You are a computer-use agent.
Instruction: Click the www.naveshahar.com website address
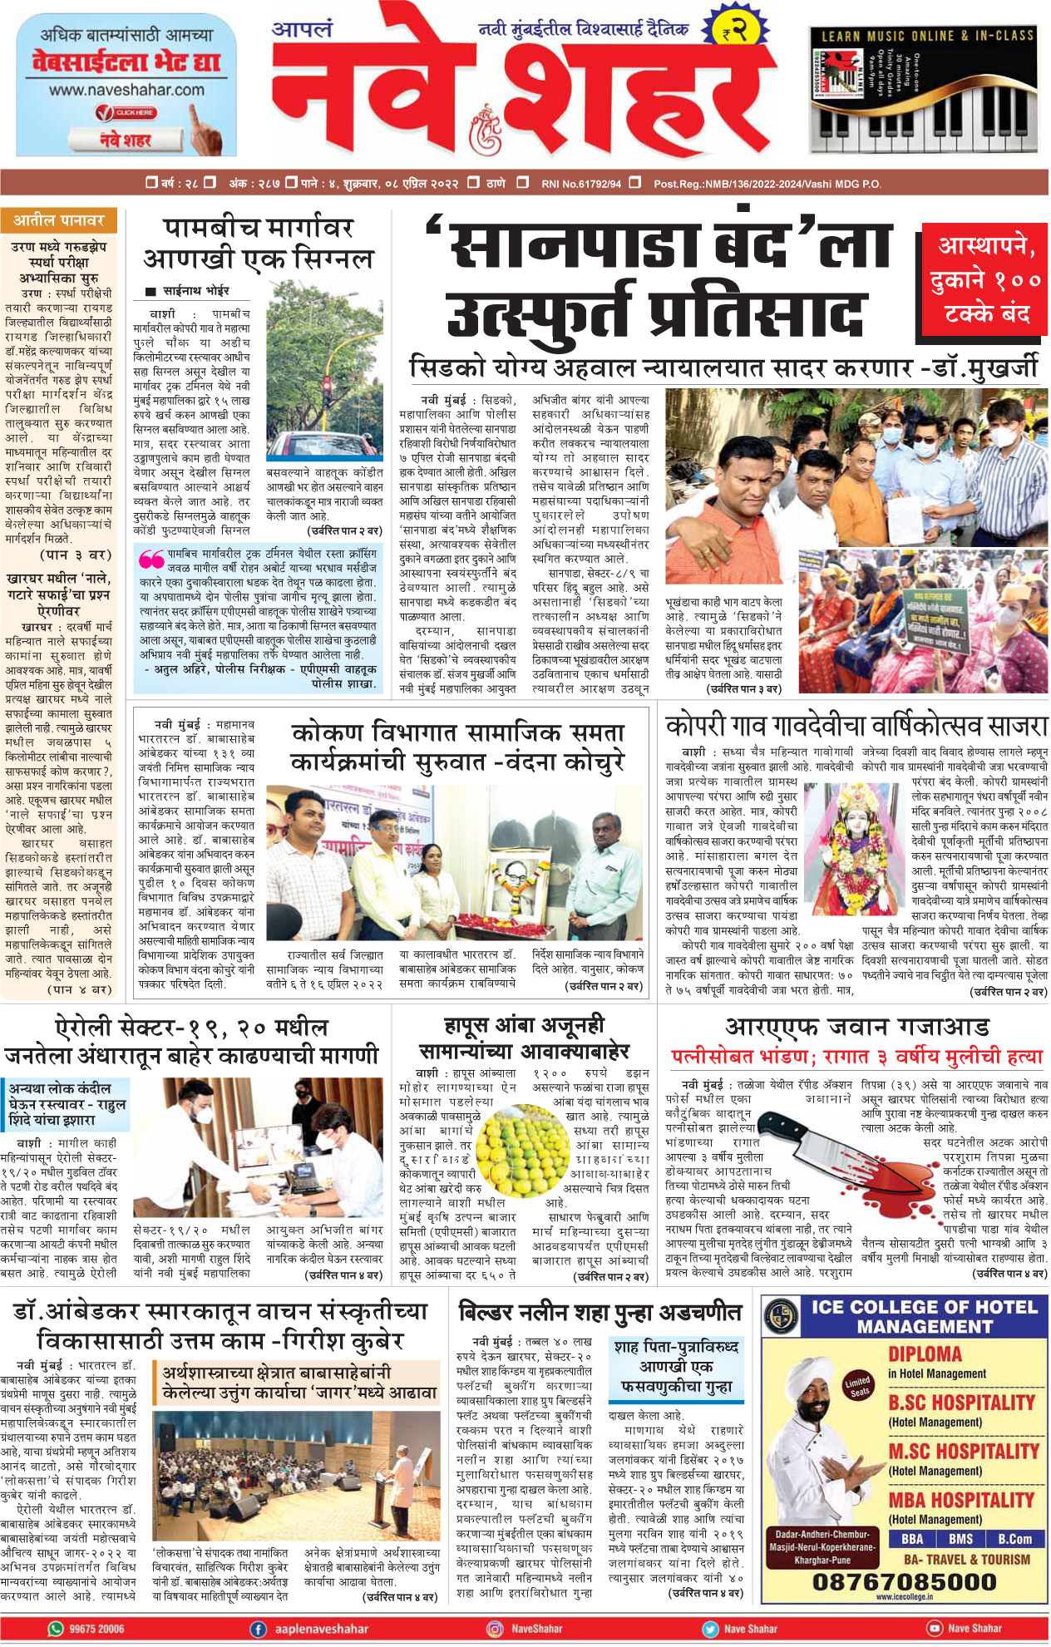click(126, 90)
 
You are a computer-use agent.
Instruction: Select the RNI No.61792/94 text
click(580, 184)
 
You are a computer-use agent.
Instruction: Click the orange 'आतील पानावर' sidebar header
click(58, 220)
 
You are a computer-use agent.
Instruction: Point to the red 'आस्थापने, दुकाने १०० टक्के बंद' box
click(985, 279)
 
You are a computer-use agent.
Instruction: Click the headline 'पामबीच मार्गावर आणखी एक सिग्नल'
click(258, 243)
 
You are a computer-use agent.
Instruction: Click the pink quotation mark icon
click(150, 558)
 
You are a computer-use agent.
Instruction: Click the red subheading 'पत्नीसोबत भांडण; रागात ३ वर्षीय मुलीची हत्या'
click(856, 1057)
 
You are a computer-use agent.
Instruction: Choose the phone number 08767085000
click(904, 1581)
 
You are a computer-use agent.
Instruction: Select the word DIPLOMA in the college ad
click(925, 1354)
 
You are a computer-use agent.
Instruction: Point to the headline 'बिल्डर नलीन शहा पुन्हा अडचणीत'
click(600, 1313)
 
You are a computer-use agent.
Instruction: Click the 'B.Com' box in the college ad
click(1014, 1539)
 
